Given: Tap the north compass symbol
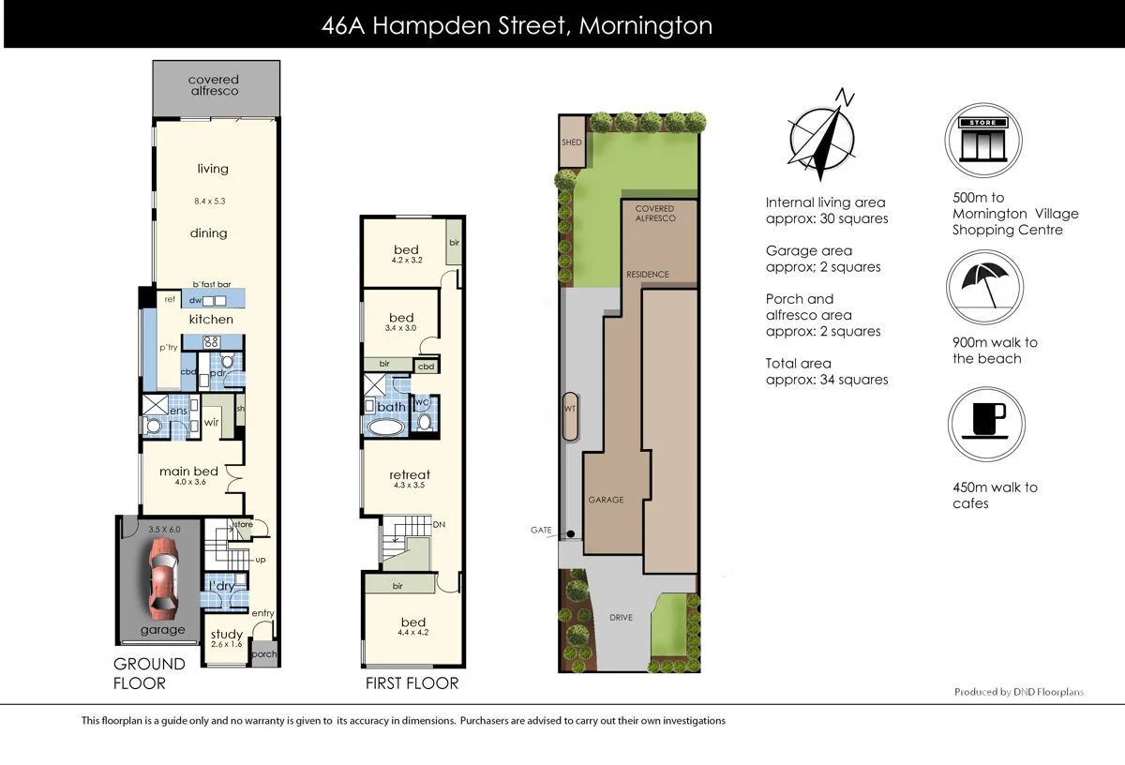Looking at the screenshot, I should point(822,137).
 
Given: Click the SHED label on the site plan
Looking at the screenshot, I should point(571,142).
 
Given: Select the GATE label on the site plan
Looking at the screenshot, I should point(541,530).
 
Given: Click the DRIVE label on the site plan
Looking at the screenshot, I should point(621,617).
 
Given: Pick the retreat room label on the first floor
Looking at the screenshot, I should point(410,474).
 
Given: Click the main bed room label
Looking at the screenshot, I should point(188,471).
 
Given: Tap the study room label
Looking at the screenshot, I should point(226,635).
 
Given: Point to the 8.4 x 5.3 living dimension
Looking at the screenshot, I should point(209,201).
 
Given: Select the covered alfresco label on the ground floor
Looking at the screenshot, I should point(214,85).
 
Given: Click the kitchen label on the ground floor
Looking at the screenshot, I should point(211,320).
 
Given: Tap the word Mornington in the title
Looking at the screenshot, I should point(645,25).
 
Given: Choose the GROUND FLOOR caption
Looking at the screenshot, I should point(149,673).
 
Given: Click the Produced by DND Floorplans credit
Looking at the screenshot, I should point(1018,692).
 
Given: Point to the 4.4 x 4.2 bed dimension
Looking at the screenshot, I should point(412,634).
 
